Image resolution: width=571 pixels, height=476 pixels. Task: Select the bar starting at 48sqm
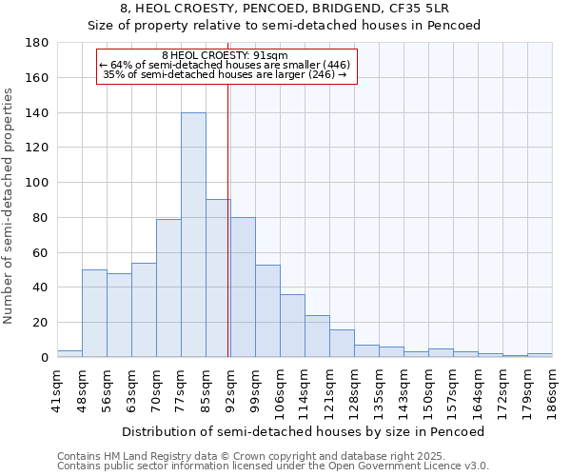point(94,313)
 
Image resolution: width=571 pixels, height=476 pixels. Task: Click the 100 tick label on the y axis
point(37,183)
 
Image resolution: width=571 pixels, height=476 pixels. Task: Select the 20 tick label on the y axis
point(40,323)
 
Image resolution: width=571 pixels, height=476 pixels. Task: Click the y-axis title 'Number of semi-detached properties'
point(10,205)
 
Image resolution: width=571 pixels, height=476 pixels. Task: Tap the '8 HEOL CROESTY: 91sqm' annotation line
point(226,55)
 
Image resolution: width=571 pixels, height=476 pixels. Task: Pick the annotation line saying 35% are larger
point(225,74)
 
